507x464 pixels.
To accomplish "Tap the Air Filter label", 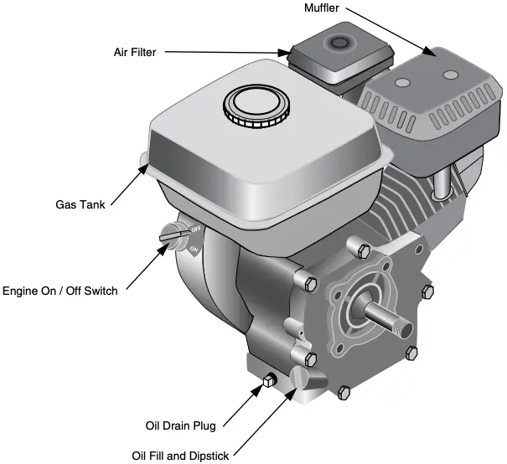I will click(137, 51).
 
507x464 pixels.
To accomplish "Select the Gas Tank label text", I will click(80, 204).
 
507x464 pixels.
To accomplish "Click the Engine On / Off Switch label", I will click(59, 291).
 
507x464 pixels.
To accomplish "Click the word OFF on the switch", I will click(195, 229).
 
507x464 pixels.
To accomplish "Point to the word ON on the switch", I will click(194, 249).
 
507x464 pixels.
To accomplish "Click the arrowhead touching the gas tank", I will click(142, 165).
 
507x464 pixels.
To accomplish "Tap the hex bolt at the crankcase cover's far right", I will click(428, 291).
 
